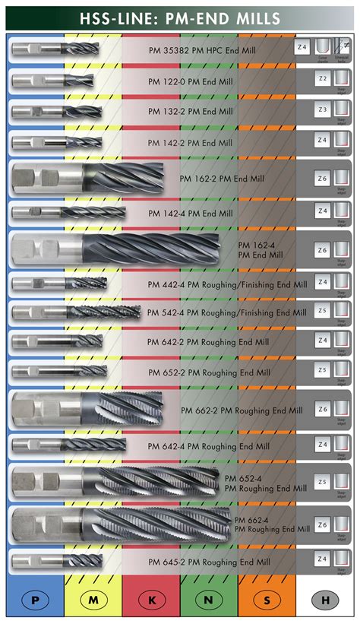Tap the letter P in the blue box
click(35, 600)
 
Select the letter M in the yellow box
click(93, 600)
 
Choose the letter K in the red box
click(151, 600)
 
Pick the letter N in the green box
click(209, 600)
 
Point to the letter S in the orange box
click(267, 600)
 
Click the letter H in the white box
click(324, 600)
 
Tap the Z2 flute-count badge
click(323, 78)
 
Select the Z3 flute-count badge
click(323, 109)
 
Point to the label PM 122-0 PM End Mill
click(191, 81)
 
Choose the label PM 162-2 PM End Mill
click(222, 179)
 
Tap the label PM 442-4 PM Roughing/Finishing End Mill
click(227, 285)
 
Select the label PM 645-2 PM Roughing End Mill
click(209, 562)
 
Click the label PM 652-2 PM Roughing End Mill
click(209, 373)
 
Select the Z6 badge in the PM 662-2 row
click(323, 410)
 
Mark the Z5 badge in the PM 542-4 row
click(323, 311)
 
